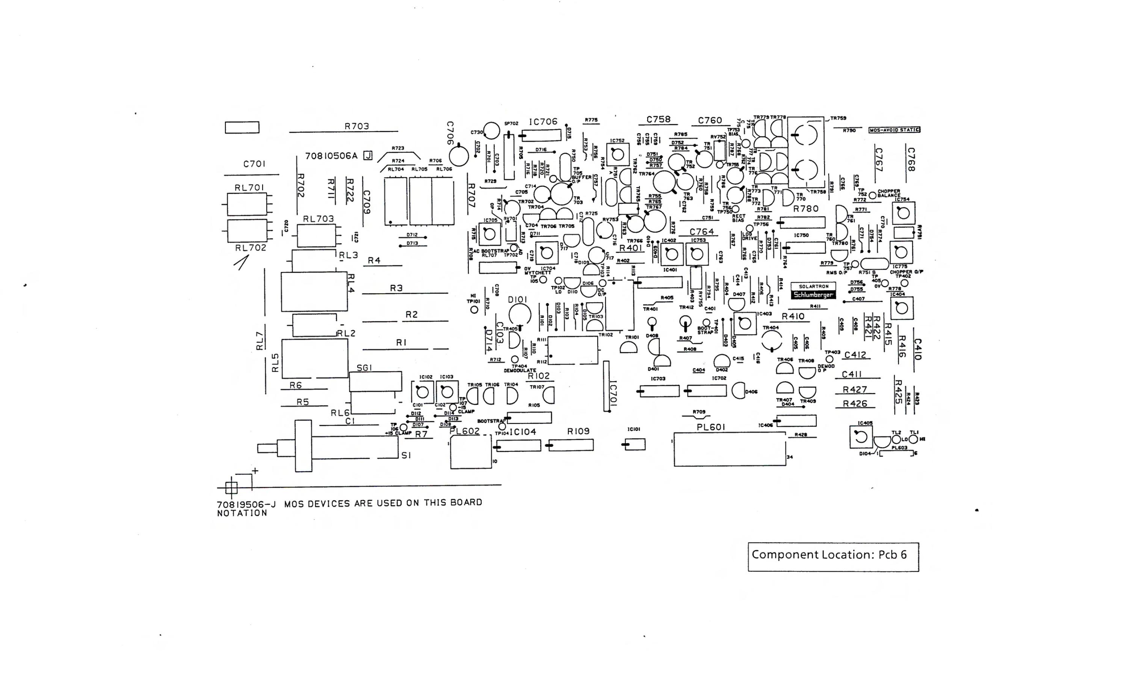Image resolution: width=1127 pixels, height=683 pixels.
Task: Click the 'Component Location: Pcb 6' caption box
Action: click(x=833, y=557)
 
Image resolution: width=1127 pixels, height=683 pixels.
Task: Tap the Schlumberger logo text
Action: click(x=813, y=295)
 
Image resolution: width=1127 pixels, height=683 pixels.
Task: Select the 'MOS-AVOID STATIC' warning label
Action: click(x=894, y=130)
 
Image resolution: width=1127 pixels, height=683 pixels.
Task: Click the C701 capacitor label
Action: click(x=254, y=164)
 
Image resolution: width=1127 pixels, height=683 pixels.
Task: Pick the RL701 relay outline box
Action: click(x=247, y=204)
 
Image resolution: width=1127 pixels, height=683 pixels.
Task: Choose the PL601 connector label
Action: click(x=711, y=427)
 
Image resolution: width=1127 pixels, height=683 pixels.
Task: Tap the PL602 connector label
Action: click(x=464, y=431)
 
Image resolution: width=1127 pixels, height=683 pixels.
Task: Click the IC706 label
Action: click(x=543, y=122)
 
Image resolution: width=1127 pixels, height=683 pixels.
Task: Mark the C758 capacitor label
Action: click(x=658, y=120)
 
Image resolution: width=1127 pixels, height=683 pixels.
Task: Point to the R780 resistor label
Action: click(x=805, y=209)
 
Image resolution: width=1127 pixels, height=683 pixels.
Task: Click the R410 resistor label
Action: click(x=793, y=317)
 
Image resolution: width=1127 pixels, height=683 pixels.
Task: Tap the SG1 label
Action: click(x=364, y=368)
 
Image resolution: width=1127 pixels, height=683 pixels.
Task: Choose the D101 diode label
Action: click(x=517, y=299)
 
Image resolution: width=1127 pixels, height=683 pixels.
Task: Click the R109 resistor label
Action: click(x=578, y=431)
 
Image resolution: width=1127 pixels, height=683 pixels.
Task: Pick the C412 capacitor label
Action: click(x=855, y=355)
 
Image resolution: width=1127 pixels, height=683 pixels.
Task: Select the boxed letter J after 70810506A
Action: click(x=368, y=156)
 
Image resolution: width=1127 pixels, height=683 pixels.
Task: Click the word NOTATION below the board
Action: click(x=242, y=513)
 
